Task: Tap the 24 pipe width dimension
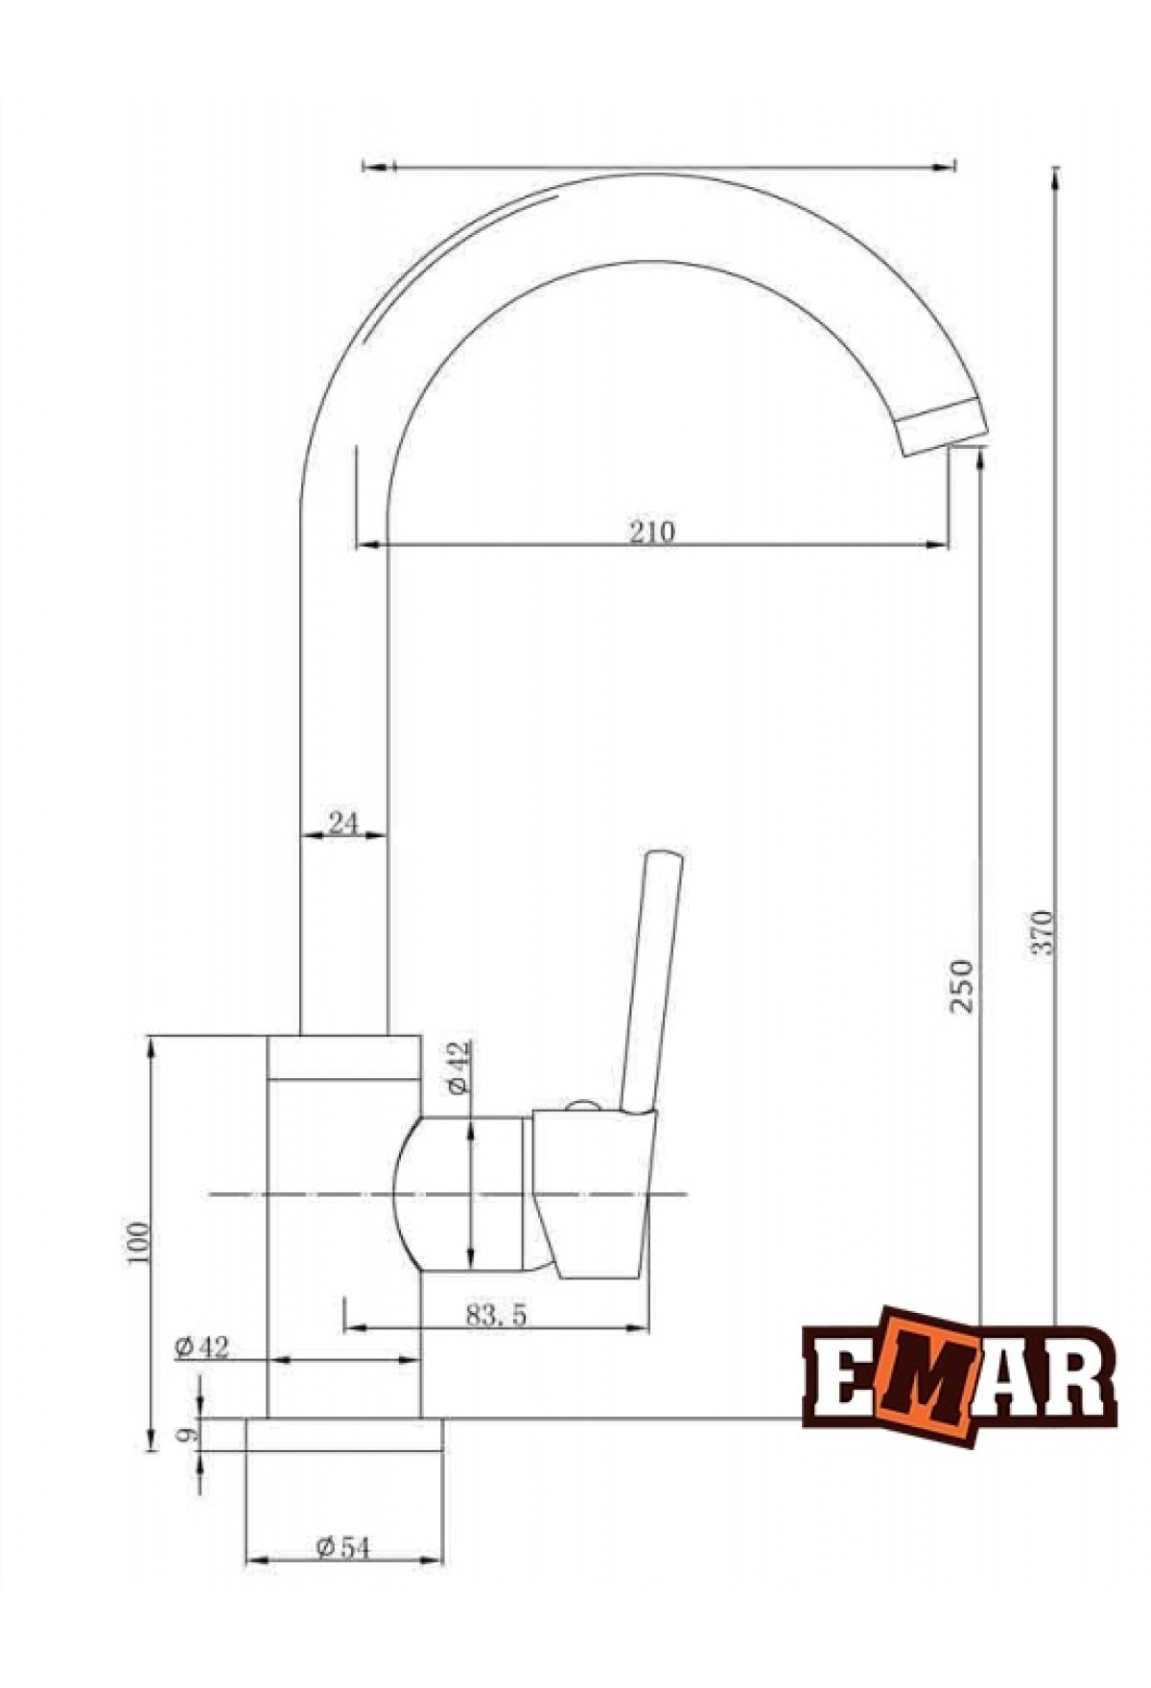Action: pyautogui.click(x=343, y=822)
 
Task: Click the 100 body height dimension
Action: pyautogui.click(x=139, y=1244)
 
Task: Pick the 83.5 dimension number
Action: pyautogui.click(x=497, y=1315)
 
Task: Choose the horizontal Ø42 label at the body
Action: pyautogui.click(x=202, y=1348)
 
